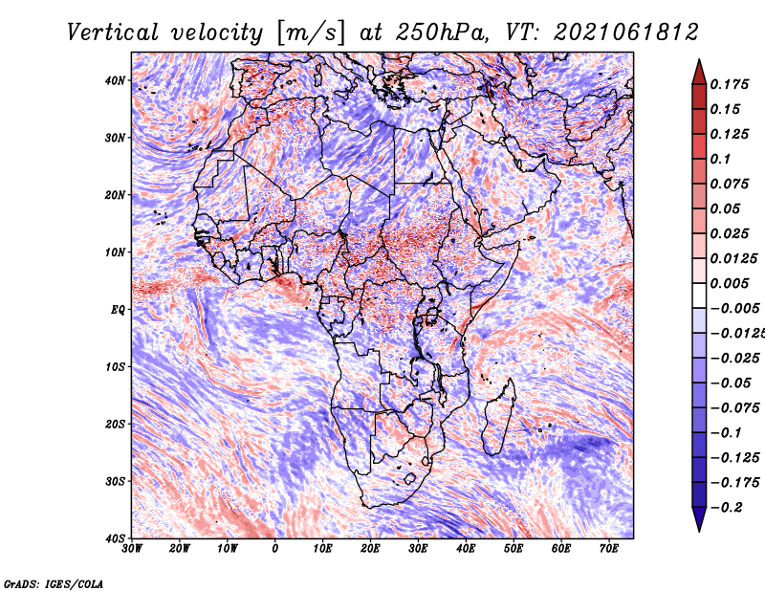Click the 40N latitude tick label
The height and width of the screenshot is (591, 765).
[115, 80]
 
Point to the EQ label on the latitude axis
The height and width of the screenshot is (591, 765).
[118, 310]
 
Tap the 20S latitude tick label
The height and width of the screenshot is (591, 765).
[115, 424]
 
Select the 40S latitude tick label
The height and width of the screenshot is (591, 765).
[115, 538]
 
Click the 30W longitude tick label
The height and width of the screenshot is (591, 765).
[132, 549]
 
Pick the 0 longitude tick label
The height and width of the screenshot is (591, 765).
[275, 549]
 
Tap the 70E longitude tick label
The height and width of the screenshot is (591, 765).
[609, 549]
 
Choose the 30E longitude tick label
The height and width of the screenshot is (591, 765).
[418, 549]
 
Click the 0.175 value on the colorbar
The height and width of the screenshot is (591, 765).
[729, 85]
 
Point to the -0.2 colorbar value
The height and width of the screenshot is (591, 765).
[726, 508]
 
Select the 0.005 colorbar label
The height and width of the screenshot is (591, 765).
[729, 283]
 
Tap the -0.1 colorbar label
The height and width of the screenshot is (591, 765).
[726, 433]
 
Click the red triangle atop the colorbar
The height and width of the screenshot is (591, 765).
[699, 73]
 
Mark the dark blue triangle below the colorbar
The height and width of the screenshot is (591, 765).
[699, 518]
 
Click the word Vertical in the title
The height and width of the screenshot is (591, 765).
[112, 33]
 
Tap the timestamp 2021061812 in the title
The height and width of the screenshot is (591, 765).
[626, 33]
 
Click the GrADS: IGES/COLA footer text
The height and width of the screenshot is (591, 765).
[54, 583]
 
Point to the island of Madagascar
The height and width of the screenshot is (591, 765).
[499, 417]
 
